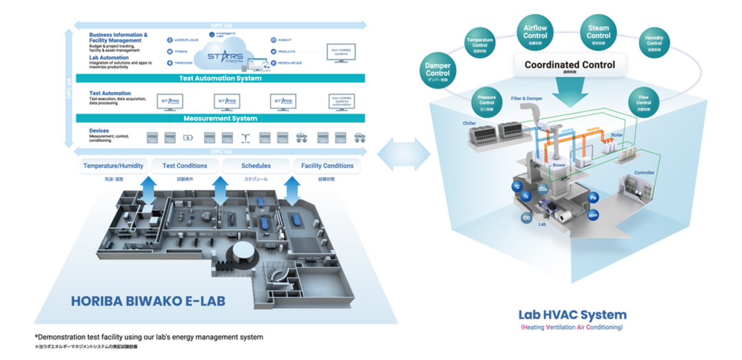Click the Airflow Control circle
tap(535, 32)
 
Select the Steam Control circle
tap(598, 32)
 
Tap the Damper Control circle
tap(438, 72)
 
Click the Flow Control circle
tap(644, 101)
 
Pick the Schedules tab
tap(256, 166)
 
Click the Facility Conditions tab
tap(327, 166)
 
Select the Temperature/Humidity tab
tap(113, 166)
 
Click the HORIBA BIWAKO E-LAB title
tap(148, 301)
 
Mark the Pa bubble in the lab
tap(592, 197)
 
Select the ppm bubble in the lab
tap(592, 216)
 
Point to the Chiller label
tap(469, 123)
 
